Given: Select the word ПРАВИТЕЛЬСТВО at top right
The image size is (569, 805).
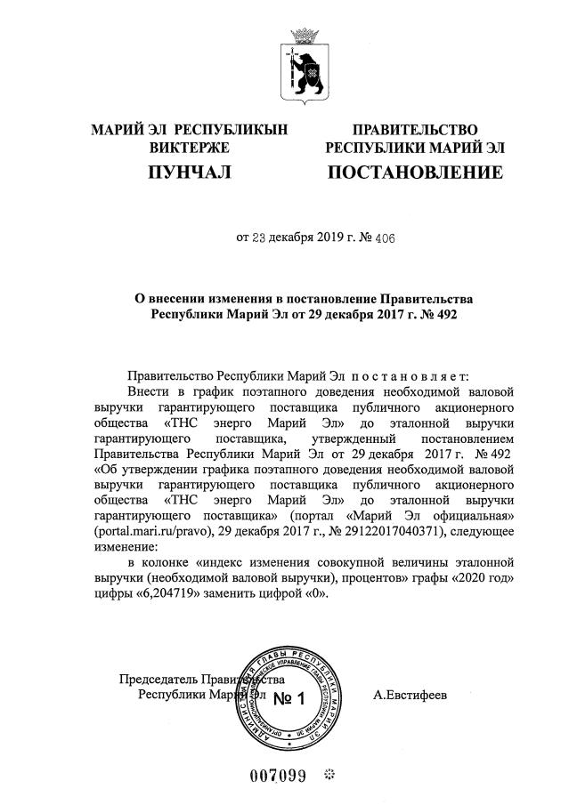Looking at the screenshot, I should tap(415, 130).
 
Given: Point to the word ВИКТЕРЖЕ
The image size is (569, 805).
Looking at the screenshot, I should tap(190, 147).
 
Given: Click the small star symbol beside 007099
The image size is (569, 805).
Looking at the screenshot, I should tap(329, 775).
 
